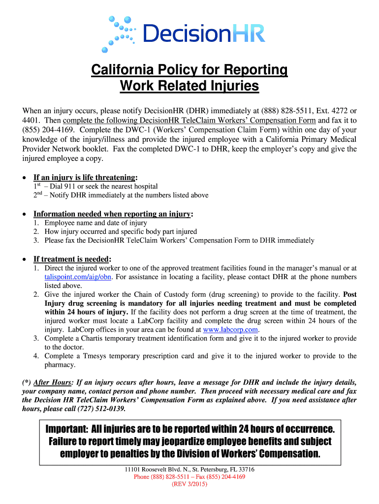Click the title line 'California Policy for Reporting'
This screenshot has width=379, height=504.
point(189,70)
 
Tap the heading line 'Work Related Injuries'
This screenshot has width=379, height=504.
point(189,86)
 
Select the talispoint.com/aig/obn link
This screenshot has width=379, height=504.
point(78,277)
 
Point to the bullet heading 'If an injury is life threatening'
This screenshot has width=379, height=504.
point(85,177)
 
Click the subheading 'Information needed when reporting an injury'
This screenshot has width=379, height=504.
point(112,214)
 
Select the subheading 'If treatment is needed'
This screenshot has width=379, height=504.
point(71,259)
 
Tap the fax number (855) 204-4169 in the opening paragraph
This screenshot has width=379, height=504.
point(42,129)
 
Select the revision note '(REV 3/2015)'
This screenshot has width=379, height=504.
point(189,484)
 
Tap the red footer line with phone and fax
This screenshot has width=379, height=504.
point(189,476)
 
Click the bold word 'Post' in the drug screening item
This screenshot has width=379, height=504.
point(350,294)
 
